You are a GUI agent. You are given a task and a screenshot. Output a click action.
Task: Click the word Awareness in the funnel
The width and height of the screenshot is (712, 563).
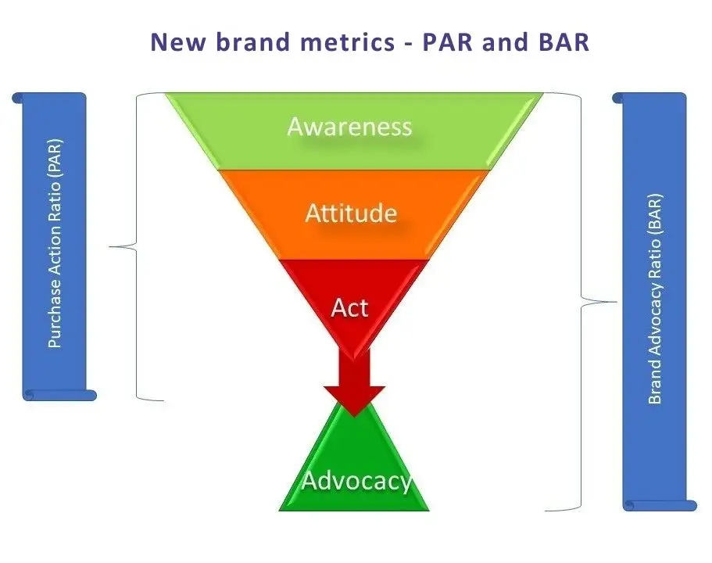pyautogui.click(x=349, y=127)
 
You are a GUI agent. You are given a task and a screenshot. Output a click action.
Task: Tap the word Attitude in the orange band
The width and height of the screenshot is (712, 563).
pyautogui.click(x=351, y=213)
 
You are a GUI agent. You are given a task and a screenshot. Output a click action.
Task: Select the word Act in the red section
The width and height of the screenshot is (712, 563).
pyautogui.click(x=349, y=307)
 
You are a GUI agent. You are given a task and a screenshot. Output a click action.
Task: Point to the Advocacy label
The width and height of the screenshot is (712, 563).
pyautogui.click(x=356, y=481)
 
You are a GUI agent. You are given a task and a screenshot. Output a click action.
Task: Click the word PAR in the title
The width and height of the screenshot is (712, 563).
pyautogui.click(x=449, y=41)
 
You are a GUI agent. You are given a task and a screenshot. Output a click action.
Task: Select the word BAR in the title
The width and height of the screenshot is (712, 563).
pyautogui.click(x=564, y=41)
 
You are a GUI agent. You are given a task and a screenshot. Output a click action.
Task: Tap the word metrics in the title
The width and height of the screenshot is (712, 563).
pyautogui.click(x=348, y=41)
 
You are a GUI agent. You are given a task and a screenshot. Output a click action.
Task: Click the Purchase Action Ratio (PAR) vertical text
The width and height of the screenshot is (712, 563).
pyautogui.click(x=55, y=243)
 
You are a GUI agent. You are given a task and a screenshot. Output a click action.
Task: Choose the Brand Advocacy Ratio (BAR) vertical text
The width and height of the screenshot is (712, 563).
pyautogui.click(x=655, y=299)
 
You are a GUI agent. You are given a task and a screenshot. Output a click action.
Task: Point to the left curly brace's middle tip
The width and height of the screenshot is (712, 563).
pyautogui.click(x=109, y=247)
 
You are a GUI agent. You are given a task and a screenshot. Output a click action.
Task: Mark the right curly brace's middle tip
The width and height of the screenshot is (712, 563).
pyautogui.click(x=616, y=301)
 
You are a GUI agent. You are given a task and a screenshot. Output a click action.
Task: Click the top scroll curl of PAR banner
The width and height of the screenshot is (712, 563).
pyautogui.click(x=18, y=98)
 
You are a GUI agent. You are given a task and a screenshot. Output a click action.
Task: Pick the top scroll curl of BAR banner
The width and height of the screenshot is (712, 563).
pyautogui.click(x=618, y=98)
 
